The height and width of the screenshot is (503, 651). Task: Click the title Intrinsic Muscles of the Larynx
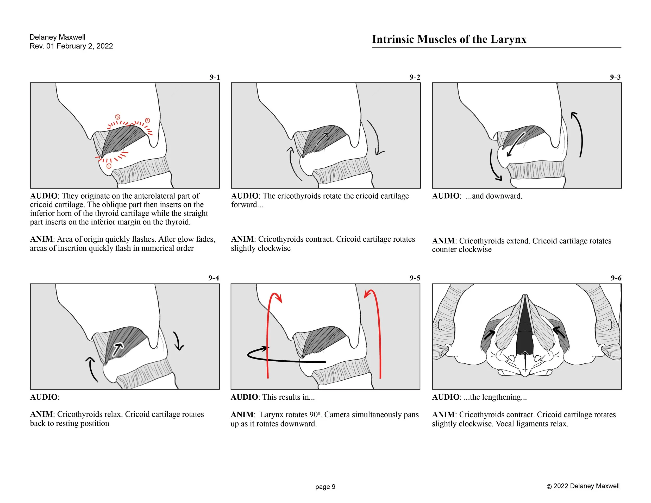[x=449, y=39]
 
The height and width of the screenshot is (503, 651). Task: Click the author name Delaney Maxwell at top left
[x=57, y=37]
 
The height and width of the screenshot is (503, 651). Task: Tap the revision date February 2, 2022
[x=85, y=46]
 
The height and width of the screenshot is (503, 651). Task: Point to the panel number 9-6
[x=616, y=278]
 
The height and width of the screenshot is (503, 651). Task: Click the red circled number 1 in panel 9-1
[x=109, y=166]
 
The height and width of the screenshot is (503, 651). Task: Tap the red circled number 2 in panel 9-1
[x=147, y=120]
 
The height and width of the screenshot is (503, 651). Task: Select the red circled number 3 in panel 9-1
[x=118, y=117]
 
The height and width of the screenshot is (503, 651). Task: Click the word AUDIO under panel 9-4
[x=44, y=397]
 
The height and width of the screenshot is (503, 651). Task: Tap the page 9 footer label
[x=325, y=487]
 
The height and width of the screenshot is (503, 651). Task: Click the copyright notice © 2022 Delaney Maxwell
[x=583, y=486]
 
